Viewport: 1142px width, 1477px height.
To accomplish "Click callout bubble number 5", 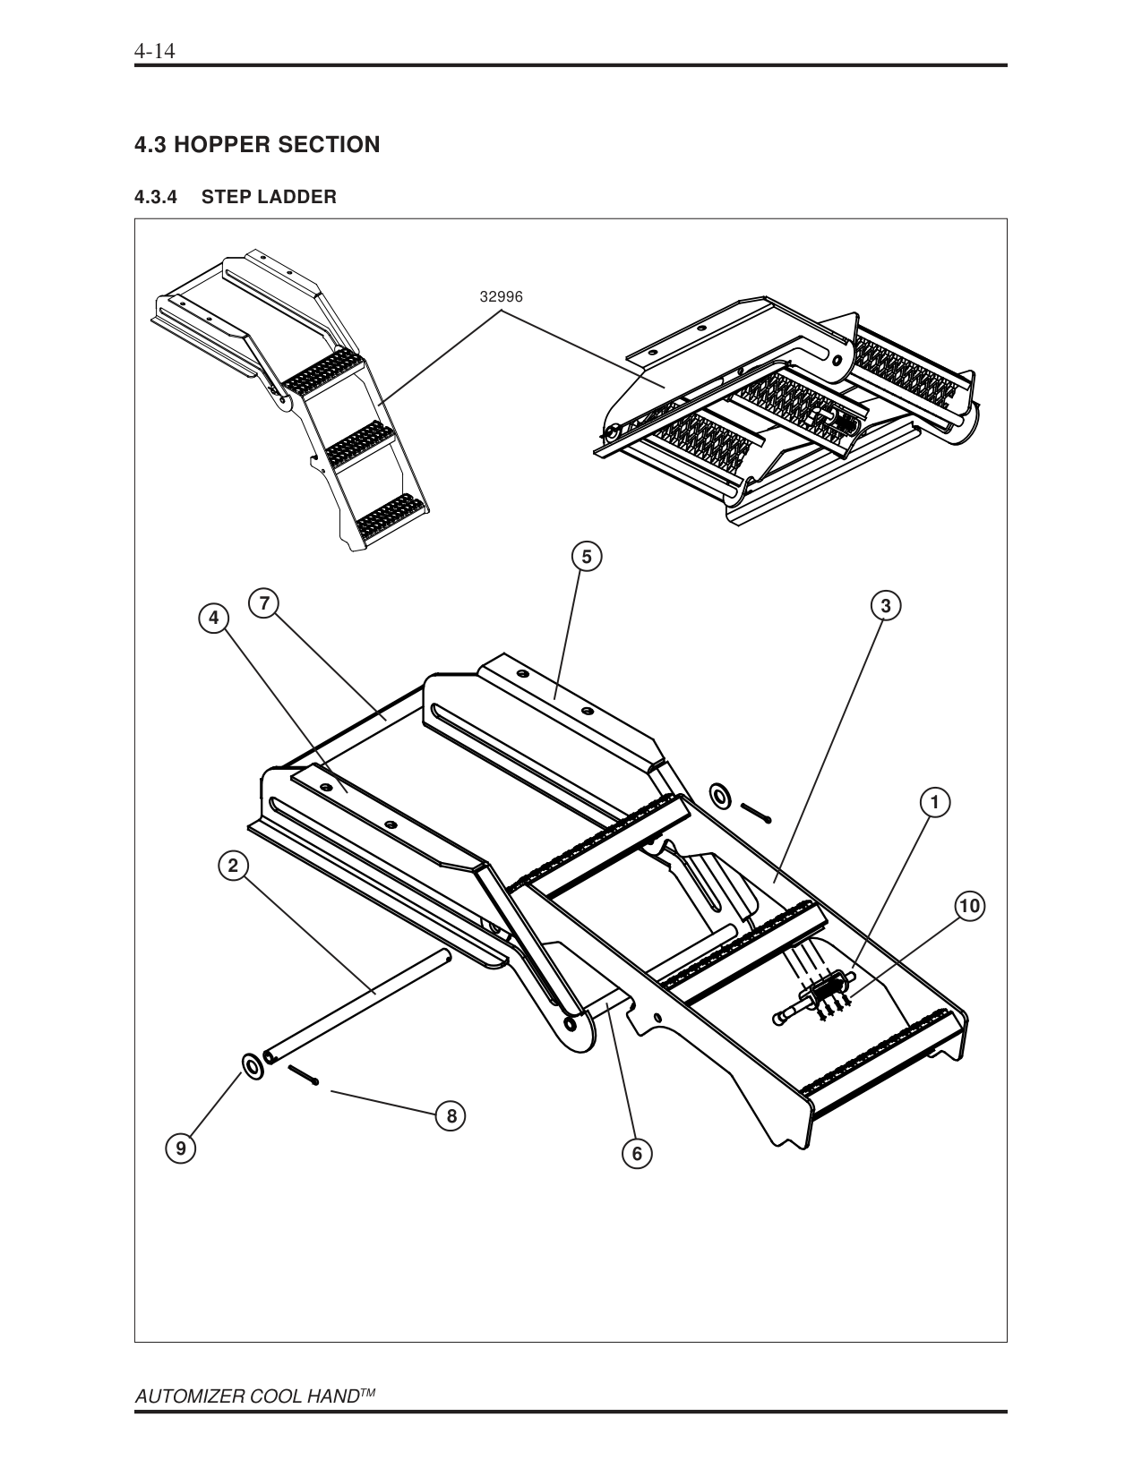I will point(586,557).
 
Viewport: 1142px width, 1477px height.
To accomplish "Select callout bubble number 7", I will point(264,604).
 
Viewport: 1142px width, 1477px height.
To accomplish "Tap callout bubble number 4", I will point(213,618).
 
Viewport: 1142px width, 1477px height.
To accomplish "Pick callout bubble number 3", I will point(885,606).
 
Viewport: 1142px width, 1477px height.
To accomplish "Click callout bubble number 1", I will point(934,803).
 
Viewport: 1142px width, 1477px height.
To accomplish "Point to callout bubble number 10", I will point(968,906).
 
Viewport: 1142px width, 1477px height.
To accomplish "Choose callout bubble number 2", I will point(233,866).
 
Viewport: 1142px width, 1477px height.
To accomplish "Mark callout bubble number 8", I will point(451,1116).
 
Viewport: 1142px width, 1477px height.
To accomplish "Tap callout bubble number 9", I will point(181,1148).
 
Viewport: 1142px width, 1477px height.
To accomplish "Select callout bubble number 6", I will point(637,1154).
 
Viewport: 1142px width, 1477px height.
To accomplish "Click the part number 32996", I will point(501,296).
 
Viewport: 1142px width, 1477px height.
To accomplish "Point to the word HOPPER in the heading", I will point(225,145).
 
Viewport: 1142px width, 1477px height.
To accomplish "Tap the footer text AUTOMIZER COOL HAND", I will point(247,1397).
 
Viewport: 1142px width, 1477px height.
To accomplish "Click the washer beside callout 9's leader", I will point(253,1067).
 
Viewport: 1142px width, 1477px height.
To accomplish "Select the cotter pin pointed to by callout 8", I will point(303,1074).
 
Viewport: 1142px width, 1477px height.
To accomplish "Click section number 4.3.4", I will point(157,197).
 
